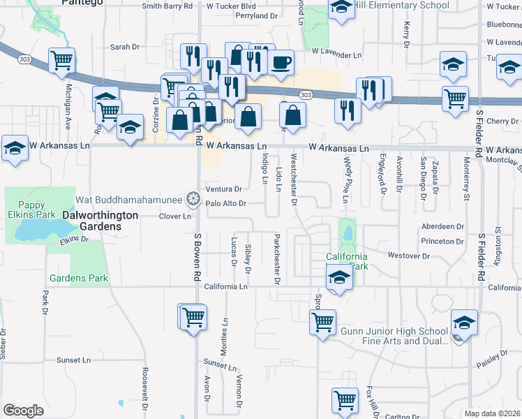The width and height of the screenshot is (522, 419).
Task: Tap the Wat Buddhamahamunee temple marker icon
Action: (x=193, y=199)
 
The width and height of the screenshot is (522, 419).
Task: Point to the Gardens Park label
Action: (x=78, y=278)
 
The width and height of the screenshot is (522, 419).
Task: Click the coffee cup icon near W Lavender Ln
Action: (x=281, y=63)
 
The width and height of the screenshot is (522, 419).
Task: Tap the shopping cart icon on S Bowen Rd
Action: (x=193, y=316)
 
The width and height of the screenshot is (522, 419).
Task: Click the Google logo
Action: (x=23, y=411)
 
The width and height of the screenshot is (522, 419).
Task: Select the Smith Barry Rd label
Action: (x=167, y=6)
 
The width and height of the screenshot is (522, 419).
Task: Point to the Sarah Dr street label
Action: (x=126, y=47)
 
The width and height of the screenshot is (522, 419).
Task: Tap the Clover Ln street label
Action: (x=175, y=216)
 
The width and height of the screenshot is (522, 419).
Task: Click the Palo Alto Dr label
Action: (x=226, y=204)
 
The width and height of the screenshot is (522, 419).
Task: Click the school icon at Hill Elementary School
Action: (x=341, y=8)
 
